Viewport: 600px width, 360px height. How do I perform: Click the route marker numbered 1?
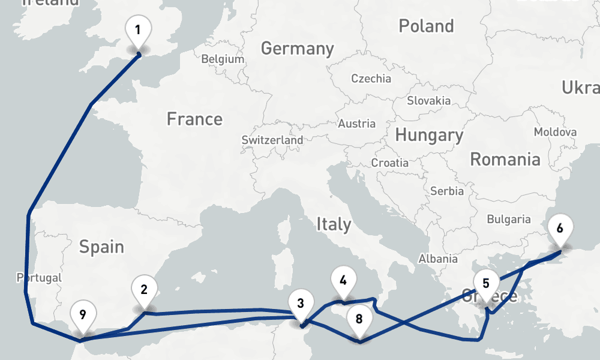pyautogui.click(x=139, y=29)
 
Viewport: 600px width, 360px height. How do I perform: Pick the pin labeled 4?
pyautogui.click(x=343, y=281)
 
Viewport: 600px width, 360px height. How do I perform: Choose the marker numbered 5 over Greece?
pyautogui.click(x=486, y=284)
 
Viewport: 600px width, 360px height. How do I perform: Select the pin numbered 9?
pyautogui.click(x=83, y=314)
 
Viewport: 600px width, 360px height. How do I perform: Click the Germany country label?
pyautogui.click(x=297, y=48)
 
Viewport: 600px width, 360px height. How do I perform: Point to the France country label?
pyautogui.click(x=194, y=119)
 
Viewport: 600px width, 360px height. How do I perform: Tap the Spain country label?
pyautogui.click(x=101, y=246)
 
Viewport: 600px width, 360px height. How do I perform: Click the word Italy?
pyautogui.click(x=333, y=224)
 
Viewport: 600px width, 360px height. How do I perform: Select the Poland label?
pyautogui.click(x=426, y=26)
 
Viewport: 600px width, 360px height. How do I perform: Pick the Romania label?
pyautogui.click(x=505, y=159)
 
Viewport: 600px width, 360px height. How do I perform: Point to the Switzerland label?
pyautogui.click(x=272, y=140)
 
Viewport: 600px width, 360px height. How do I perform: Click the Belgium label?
pyautogui.click(x=223, y=59)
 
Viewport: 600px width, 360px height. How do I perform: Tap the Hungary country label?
pyautogui.click(x=429, y=135)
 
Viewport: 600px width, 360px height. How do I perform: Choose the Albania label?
pyautogui.click(x=437, y=259)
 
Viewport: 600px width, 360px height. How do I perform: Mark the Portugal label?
pyautogui.click(x=40, y=278)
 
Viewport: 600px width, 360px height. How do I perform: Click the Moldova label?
pyautogui.click(x=555, y=132)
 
